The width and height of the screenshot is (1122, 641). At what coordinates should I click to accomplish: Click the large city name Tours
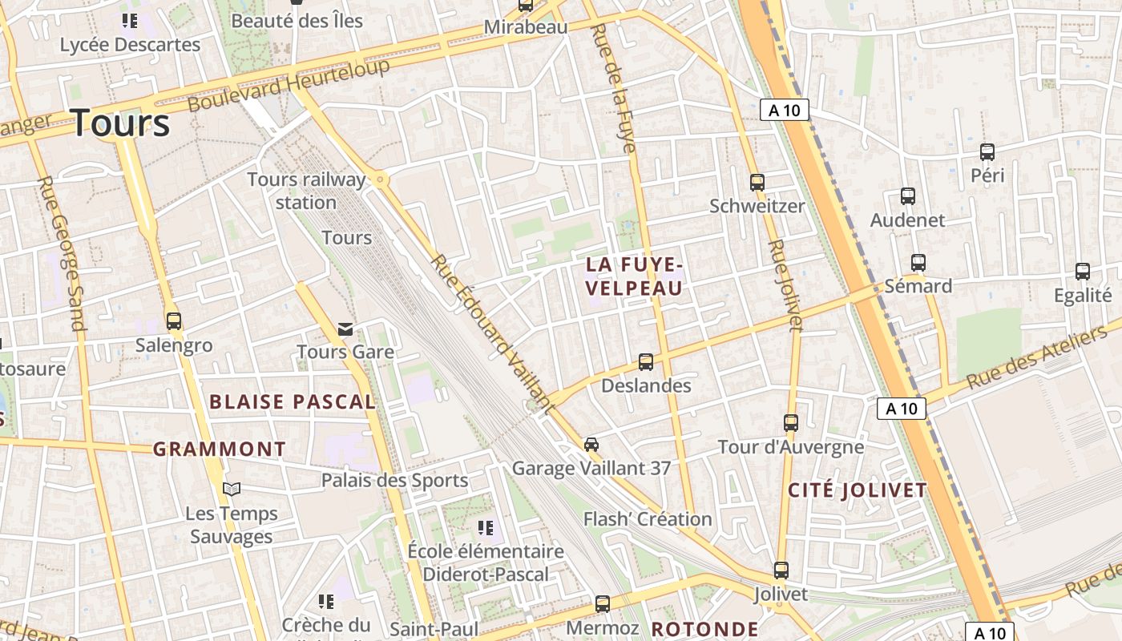click(121, 123)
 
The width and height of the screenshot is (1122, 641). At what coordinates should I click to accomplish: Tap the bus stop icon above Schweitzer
click(757, 182)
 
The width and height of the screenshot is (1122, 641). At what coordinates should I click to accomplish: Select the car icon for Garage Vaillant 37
click(591, 444)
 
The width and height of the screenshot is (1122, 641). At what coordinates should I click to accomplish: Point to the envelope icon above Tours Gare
click(345, 329)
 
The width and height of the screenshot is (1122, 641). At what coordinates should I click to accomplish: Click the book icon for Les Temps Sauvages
click(232, 489)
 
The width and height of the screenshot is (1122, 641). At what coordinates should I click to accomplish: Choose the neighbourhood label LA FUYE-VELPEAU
click(634, 276)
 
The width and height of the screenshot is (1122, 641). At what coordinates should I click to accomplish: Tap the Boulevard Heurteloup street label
click(289, 85)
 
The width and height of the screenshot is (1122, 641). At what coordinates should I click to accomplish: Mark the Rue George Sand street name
click(61, 253)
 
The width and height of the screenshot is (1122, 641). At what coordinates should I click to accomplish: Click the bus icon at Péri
click(987, 152)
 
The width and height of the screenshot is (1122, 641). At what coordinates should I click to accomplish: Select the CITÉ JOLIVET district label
click(857, 490)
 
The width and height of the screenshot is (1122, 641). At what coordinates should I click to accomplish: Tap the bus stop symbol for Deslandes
click(646, 362)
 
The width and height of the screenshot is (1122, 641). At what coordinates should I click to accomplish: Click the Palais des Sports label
click(394, 481)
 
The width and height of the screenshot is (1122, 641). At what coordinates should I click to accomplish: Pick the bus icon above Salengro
click(174, 321)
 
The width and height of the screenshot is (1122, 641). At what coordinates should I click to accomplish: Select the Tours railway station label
click(305, 191)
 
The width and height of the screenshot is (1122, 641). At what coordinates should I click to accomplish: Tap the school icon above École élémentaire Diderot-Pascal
click(485, 527)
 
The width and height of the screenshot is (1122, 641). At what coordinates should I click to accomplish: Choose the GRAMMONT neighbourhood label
click(220, 450)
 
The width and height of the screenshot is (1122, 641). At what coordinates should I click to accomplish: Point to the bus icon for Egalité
click(1083, 272)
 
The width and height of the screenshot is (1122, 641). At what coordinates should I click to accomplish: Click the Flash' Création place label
click(648, 519)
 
